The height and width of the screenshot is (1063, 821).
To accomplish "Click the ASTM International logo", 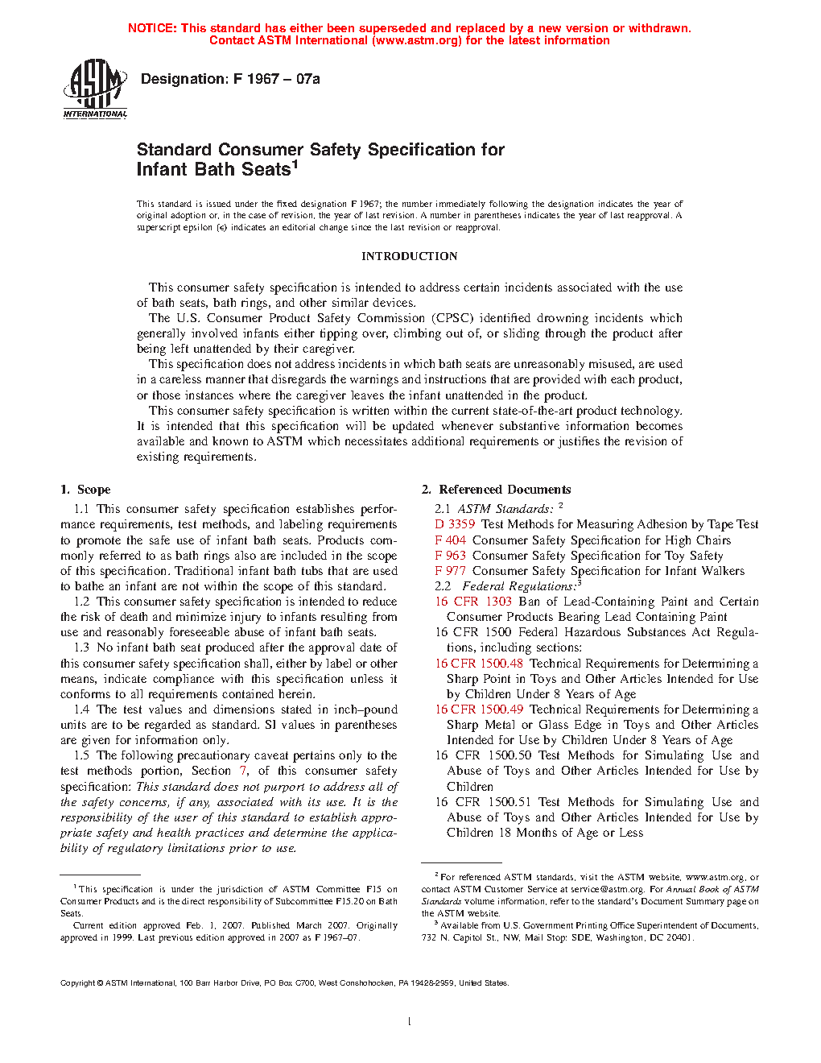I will tap(95, 89).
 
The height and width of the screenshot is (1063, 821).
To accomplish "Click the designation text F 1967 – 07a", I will tap(229, 79).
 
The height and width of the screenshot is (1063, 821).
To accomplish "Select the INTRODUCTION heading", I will tap(409, 256).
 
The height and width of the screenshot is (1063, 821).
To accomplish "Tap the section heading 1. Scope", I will tap(85, 490).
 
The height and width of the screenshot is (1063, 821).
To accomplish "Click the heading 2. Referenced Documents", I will tap(496, 490).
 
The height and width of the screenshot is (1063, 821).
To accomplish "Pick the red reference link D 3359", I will tap(455, 524).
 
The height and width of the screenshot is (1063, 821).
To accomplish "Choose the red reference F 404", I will tap(450, 540).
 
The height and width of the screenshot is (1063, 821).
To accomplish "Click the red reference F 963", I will tap(450, 556).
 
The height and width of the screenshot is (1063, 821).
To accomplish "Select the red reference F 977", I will tap(450, 571).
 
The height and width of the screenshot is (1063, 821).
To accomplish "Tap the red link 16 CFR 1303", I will tap(473, 602).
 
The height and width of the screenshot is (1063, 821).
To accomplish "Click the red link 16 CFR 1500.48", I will tap(479, 664).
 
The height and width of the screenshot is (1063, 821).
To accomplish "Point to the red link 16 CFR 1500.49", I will tap(479, 709).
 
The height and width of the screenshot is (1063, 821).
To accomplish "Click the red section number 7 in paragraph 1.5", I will tap(243, 771).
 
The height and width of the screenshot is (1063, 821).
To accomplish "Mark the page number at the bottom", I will tap(410, 1022).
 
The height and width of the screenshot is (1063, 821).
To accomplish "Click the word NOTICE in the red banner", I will tap(151, 28).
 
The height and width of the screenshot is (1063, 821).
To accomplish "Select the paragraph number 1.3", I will tap(81, 647).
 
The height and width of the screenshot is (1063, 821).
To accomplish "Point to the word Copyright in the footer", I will tap(78, 983).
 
